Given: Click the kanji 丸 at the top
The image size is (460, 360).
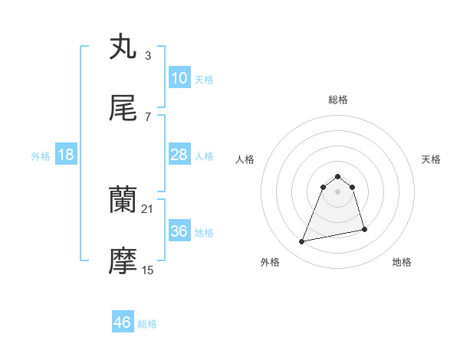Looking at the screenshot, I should coord(123,47).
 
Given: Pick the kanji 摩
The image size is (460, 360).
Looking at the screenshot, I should coord(123,262).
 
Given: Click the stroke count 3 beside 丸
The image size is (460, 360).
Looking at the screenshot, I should coord(147,55).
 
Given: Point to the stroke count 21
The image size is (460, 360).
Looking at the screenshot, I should coord(148,208).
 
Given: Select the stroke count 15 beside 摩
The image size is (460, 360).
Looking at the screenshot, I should coord(148,270).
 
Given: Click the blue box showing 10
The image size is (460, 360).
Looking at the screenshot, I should coord(179,78).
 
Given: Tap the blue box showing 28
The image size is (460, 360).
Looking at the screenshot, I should coord(179,155).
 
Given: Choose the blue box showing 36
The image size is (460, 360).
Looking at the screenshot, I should coord(179,231).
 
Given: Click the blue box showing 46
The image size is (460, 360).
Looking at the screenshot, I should coord(123,322).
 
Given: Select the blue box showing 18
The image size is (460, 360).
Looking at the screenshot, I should coord(65,155).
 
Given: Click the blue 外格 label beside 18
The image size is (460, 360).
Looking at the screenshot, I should coord(41,155).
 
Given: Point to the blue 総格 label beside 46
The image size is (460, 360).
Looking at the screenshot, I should coord(147,324).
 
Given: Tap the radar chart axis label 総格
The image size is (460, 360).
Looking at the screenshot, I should coord(338,100).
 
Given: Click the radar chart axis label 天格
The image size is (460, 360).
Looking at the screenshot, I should coord(432,159).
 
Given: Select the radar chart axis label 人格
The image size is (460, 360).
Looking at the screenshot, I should coord(245,159).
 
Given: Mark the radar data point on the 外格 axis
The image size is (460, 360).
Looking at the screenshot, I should coord(302,242).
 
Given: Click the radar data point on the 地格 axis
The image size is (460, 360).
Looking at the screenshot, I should coord(364,229).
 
